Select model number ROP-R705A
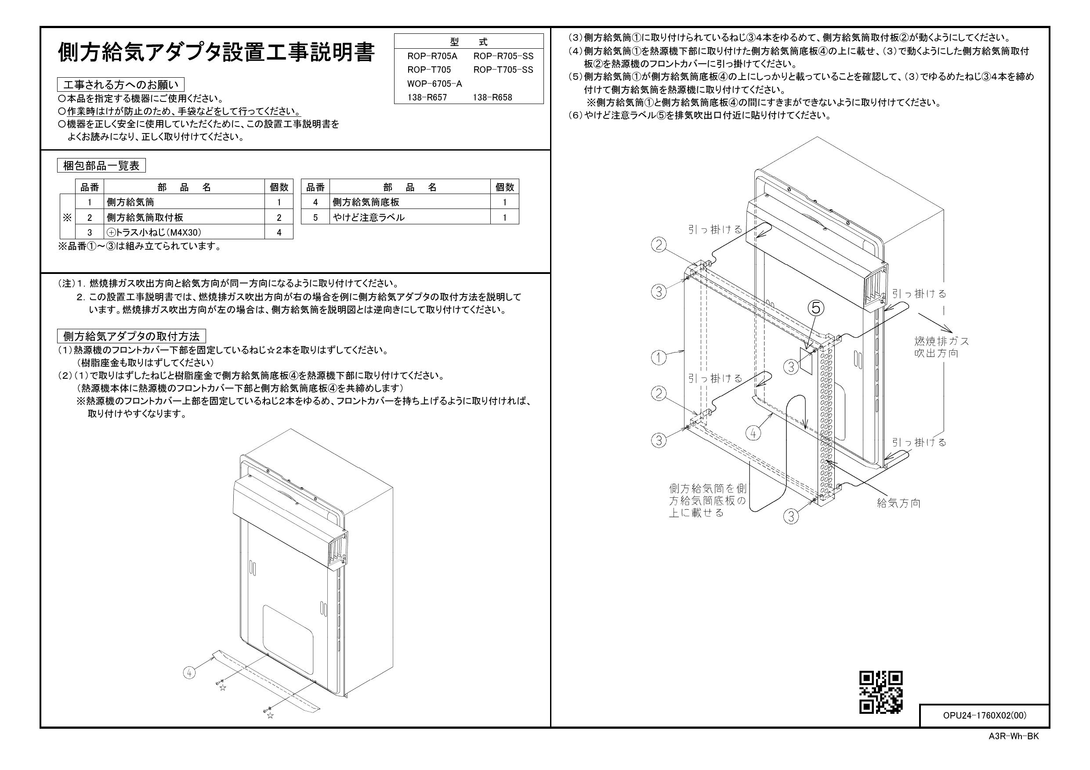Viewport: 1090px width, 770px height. coord(432,56)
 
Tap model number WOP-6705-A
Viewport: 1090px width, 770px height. coord(435,83)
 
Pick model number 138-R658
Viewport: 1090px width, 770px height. coord(492,98)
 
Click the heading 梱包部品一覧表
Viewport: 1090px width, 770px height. coord(101,166)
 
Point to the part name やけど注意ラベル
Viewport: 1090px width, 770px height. coord(369,217)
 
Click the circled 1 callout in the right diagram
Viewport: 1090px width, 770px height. coord(659,357)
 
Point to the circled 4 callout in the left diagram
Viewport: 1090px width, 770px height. coord(189,672)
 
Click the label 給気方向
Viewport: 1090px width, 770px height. coord(899,504)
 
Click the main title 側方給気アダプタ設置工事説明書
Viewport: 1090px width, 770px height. coord(216,52)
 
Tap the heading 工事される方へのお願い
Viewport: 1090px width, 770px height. coord(120,85)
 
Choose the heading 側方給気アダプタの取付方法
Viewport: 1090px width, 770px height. coord(131,336)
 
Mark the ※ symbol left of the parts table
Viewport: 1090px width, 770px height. coord(67,217)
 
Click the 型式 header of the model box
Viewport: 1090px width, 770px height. coord(469,42)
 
